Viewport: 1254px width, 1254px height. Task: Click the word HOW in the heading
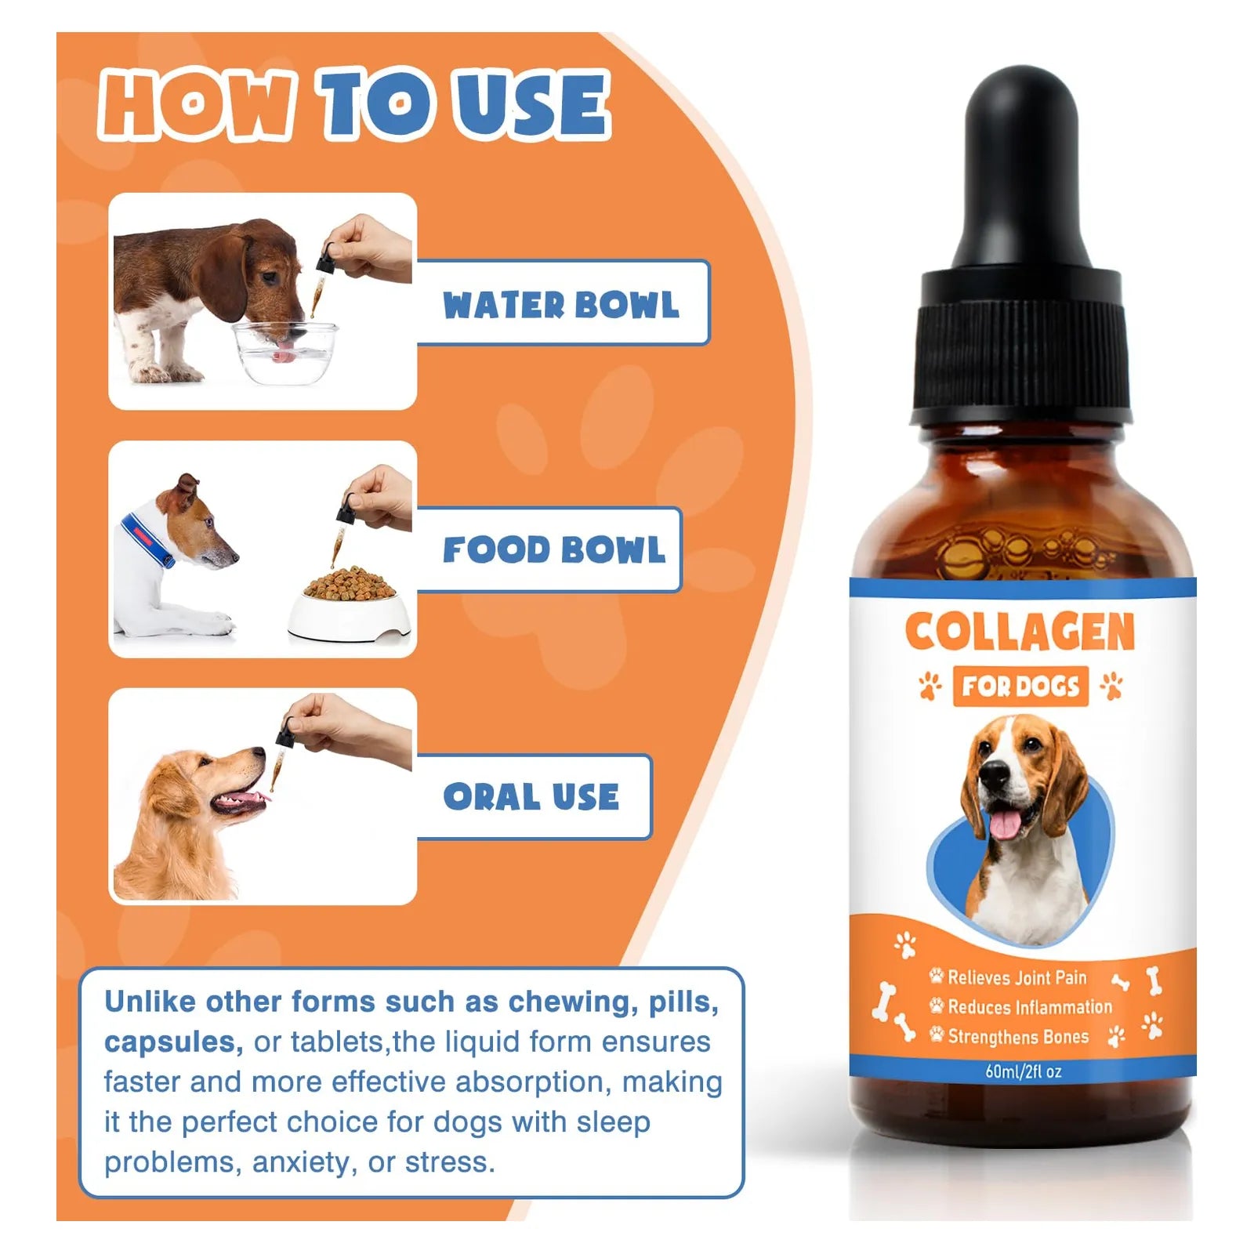point(198,104)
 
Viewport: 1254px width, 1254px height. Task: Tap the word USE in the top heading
point(533,104)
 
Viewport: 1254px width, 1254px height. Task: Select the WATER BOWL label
point(560,305)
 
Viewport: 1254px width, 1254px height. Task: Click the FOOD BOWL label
point(553,549)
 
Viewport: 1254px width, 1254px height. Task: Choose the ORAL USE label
point(531,797)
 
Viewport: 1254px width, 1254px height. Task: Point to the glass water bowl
point(286,353)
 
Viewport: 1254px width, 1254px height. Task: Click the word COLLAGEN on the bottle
point(1020,632)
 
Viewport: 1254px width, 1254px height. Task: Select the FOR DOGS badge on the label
point(1020,687)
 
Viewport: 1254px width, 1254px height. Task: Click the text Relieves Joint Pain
point(1017,977)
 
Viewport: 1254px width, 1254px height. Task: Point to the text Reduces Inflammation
point(1030,1007)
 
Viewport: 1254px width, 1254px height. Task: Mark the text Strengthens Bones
point(1018,1037)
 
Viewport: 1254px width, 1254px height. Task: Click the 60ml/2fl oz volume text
point(1023,1071)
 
